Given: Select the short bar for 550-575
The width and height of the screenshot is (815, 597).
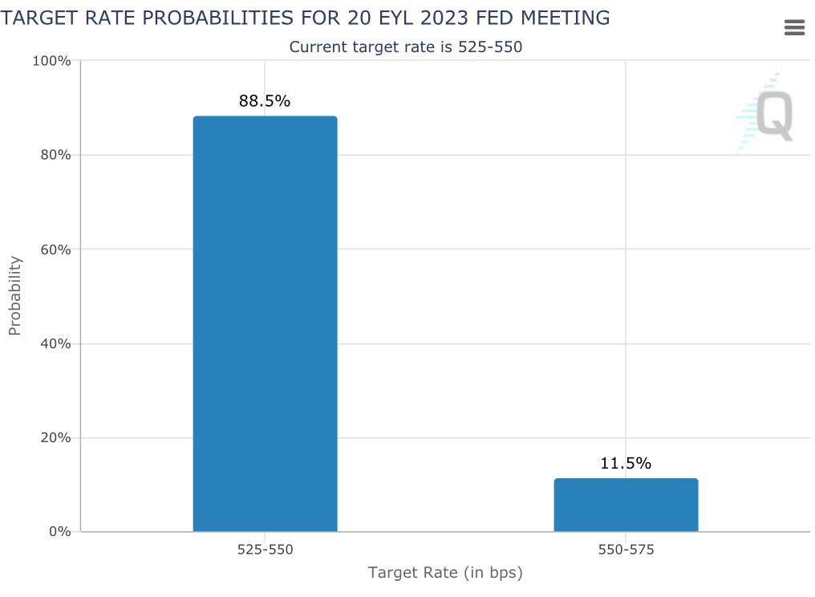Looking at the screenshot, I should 626,505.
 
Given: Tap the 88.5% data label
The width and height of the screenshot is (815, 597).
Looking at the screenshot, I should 265,101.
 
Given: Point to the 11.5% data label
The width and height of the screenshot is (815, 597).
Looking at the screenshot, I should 626,463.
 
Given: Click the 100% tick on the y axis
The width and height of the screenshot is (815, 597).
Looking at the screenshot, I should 51,61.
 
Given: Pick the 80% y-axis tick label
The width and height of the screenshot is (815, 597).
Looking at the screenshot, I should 55,155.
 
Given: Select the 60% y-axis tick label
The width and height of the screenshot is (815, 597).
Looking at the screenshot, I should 55,250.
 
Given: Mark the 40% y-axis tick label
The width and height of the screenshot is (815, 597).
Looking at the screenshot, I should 55,343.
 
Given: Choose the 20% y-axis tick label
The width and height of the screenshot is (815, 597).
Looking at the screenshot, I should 55,438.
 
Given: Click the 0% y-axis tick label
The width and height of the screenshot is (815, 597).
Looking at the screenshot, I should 59,532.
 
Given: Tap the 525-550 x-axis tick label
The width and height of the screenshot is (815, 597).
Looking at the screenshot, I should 265,550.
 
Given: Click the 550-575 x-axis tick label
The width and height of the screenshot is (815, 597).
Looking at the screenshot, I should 626,550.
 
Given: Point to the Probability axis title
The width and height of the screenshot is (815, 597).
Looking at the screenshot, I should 14,295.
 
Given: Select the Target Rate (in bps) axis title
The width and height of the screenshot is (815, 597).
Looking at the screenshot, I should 445,572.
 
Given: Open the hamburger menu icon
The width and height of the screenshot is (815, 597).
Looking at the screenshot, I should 794,28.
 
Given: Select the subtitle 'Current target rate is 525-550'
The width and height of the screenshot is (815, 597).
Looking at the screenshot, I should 405,47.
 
